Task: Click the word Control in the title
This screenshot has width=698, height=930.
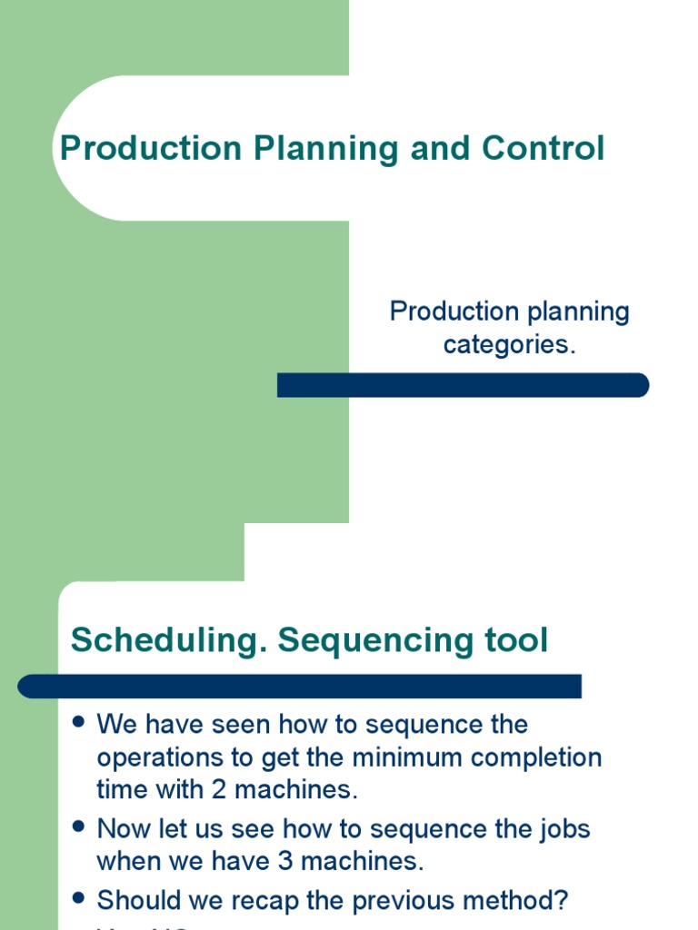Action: point(543,148)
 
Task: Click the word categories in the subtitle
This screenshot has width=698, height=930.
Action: point(509,345)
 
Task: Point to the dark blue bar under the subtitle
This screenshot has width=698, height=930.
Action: point(463,385)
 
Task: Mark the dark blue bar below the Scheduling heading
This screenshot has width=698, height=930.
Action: point(300,686)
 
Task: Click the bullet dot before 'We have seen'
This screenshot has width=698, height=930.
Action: point(78,723)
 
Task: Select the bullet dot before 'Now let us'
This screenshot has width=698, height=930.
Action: point(78,827)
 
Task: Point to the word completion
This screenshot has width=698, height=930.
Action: point(545,757)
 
